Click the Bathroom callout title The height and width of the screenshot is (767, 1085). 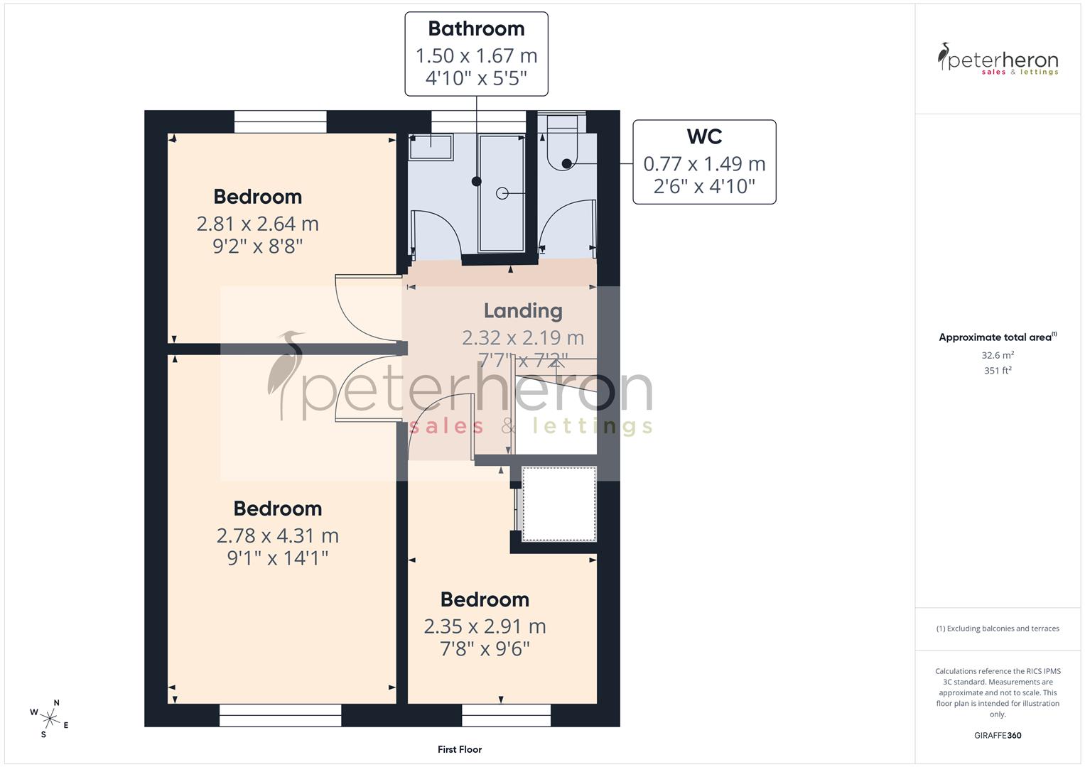tap(476, 29)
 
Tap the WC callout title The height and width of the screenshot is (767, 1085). tap(704, 136)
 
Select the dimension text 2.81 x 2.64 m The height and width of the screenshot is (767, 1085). tap(257, 224)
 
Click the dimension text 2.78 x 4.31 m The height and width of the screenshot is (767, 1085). tap(277, 535)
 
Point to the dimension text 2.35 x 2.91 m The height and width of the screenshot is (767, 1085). tap(485, 626)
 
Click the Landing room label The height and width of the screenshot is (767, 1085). tap(523, 311)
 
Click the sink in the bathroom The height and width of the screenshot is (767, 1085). tap(431, 148)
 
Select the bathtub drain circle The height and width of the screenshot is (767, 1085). tap(502, 192)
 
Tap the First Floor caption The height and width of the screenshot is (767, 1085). tap(460, 749)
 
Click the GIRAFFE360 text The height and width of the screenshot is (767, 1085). tap(998, 735)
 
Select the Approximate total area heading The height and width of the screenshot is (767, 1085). tap(997, 337)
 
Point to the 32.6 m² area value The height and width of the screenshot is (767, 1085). tap(998, 355)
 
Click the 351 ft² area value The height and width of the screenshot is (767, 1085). tap(998, 370)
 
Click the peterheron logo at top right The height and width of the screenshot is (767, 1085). tap(998, 60)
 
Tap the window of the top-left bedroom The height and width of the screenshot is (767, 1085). tap(281, 121)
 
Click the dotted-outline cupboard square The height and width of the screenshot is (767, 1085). tap(559, 504)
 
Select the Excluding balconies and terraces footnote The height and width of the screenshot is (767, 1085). tap(998, 629)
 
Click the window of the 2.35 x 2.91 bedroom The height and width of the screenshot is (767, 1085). tap(506, 715)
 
